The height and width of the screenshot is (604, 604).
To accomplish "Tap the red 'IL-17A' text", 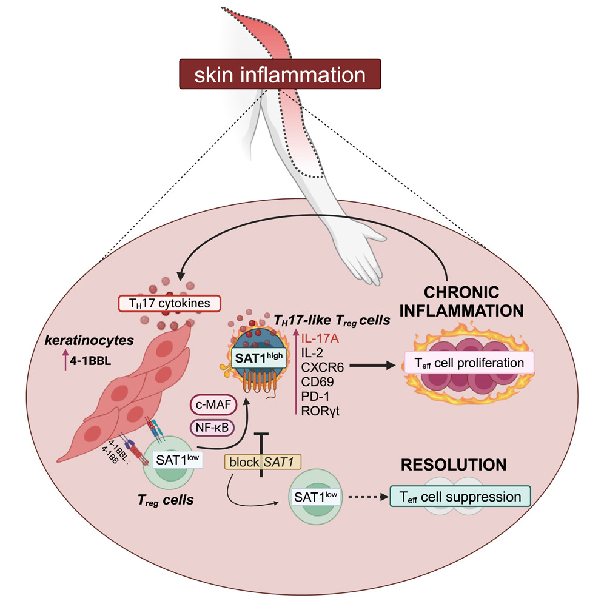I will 321,337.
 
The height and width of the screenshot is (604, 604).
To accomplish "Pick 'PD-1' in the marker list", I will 315,397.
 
